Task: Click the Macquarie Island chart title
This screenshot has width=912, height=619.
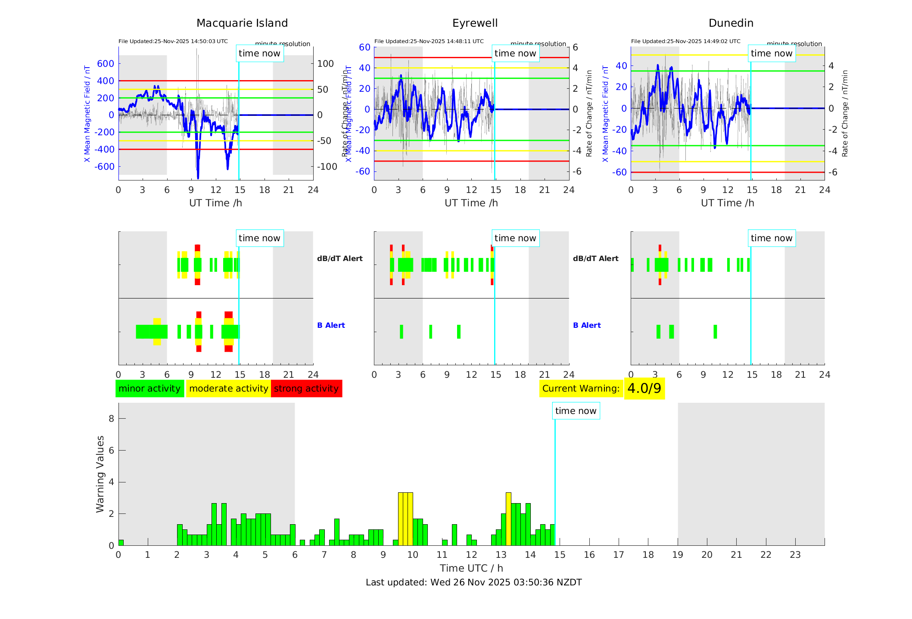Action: [242, 23]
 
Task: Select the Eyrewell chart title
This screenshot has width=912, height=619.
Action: [475, 23]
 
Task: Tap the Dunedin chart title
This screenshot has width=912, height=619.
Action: [731, 23]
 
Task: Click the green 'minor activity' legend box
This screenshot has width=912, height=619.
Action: [149, 389]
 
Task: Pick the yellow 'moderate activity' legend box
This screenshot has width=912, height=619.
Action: [228, 389]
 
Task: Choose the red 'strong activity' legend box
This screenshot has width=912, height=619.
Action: [306, 389]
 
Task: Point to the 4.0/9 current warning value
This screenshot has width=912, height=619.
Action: [644, 389]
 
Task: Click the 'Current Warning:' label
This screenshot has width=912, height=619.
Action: [581, 389]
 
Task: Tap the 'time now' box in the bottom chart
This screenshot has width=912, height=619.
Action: [576, 411]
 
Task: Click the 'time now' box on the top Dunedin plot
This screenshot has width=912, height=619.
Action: [771, 53]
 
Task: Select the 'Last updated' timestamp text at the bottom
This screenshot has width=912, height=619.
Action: [473, 582]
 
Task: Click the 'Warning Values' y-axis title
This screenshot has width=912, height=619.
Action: [100, 474]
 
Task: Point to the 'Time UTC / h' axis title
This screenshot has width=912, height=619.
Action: [471, 568]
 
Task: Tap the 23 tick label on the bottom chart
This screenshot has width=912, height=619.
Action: [795, 555]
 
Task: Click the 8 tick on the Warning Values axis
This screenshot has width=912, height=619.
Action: [112, 418]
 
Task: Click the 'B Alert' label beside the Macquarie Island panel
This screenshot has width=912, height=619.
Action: [331, 325]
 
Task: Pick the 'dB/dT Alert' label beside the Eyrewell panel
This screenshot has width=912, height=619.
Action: [595, 258]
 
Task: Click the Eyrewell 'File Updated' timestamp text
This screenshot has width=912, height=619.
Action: [429, 41]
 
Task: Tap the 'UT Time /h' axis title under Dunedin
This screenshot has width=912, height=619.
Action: [727, 203]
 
